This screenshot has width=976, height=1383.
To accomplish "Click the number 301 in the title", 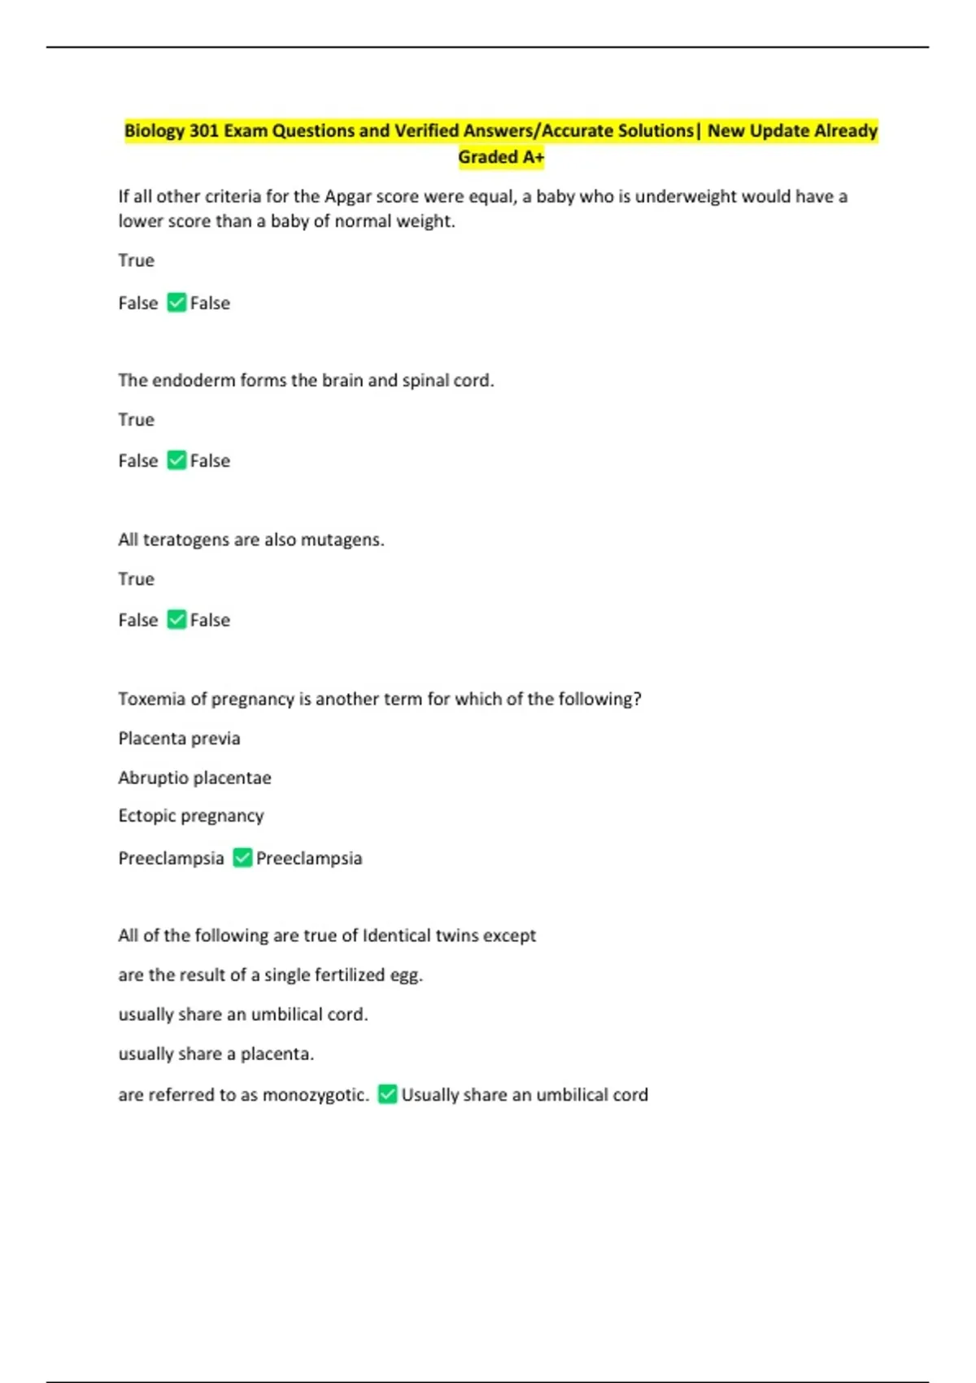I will pyautogui.click(x=203, y=131).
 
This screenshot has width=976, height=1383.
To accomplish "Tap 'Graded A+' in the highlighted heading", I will pyautogui.click(x=500, y=157).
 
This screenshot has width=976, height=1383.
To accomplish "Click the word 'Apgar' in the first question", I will pyautogui.click(x=348, y=197).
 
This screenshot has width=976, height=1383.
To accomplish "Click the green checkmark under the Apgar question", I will pyautogui.click(x=176, y=303).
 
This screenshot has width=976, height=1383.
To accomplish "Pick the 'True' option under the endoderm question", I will pyautogui.click(x=136, y=420).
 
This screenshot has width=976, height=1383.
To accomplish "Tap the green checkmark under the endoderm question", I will pyautogui.click(x=176, y=460).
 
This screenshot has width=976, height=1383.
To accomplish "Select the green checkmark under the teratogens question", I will pyautogui.click(x=176, y=620).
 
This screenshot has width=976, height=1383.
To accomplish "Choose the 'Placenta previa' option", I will pyautogui.click(x=179, y=739).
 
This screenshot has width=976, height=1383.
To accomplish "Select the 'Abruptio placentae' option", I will pyautogui.click(x=194, y=778).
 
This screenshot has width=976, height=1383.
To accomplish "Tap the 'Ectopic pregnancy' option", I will pyautogui.click(x=191, y=816).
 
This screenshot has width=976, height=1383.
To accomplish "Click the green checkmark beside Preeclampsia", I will pyautogui.click(x=242, y=857).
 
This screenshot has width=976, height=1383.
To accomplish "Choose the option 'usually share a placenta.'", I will pyautogui.click(x=216, y=1054).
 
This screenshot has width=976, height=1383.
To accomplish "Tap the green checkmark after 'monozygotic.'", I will pyautogui.click(x=388, y=1094).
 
